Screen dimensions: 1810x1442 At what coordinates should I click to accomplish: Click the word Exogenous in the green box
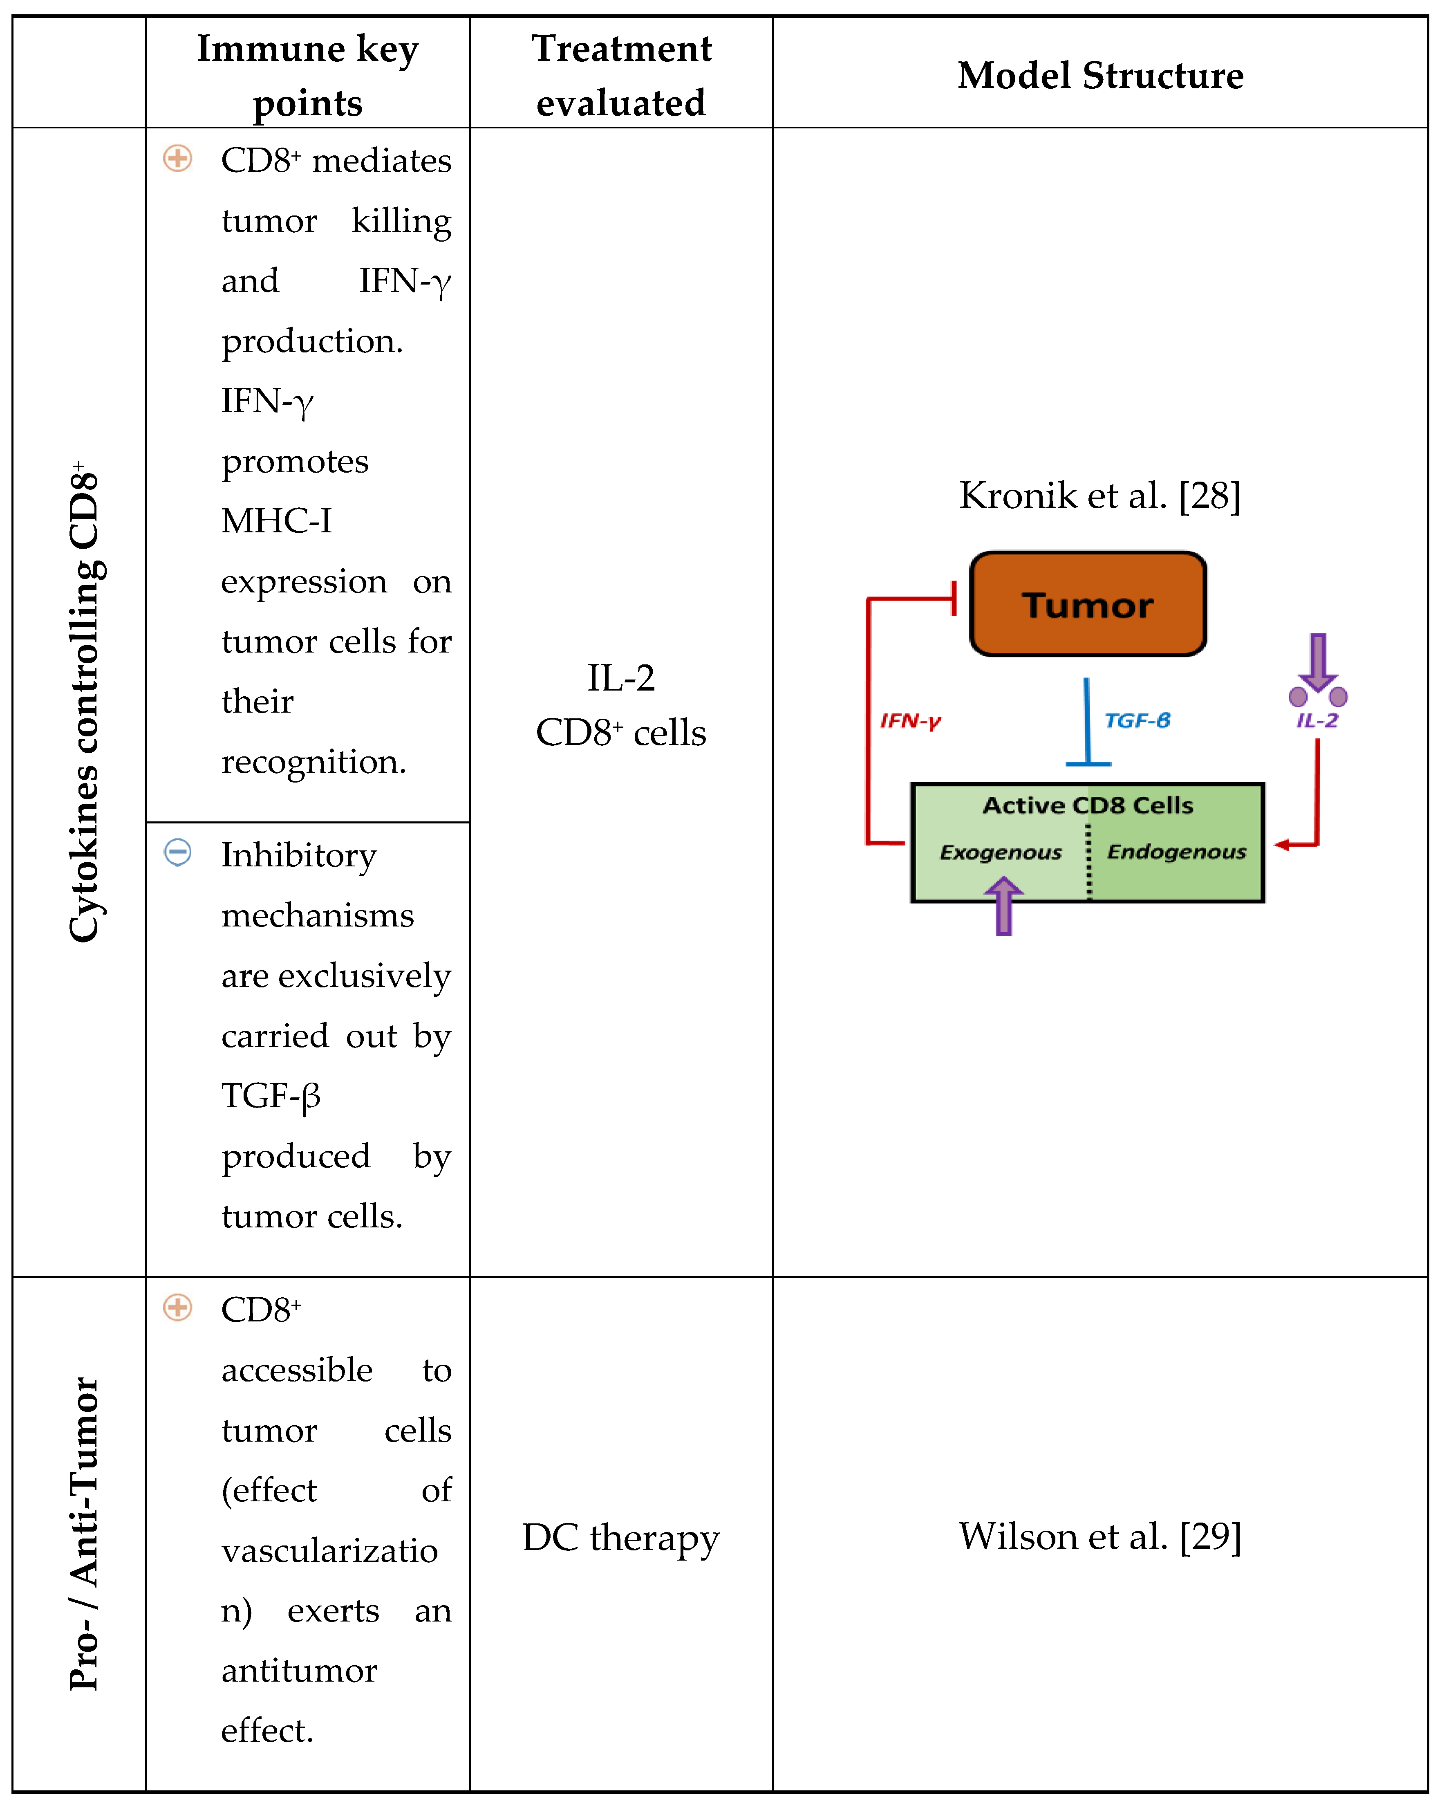[x=1001, y=852]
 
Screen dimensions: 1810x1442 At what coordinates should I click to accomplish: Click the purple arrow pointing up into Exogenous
[x=1003, y=907]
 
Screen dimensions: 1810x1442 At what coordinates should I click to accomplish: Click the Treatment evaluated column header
[x=621, y=76]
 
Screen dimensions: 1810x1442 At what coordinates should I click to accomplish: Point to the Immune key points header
[x=307, y=76]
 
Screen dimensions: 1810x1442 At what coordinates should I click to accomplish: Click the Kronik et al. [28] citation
[x=1099, y=495]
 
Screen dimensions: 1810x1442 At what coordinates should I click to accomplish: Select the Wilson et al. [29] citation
[x=1099, y=1536]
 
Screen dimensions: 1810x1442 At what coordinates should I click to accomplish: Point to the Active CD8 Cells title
[x=1088, y=805]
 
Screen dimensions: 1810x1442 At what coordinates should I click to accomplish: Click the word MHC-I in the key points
[x=276, y=521]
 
